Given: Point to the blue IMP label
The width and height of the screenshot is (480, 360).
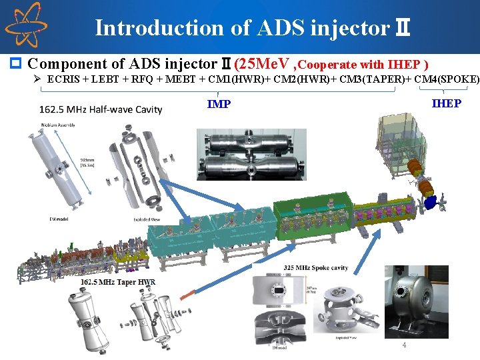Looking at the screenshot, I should click(x=219, y=104).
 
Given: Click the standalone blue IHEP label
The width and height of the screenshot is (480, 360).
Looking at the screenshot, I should click(x=446, y=103).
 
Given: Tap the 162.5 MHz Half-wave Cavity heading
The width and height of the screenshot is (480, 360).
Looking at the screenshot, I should click(x=101, y=109).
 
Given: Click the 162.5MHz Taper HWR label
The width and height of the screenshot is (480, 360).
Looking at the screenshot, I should click(x=118, y=282).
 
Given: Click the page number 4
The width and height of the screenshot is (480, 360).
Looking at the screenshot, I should click(x=403, y=345).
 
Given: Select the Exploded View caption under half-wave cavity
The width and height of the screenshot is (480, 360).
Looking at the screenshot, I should click(x=146, y=219).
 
